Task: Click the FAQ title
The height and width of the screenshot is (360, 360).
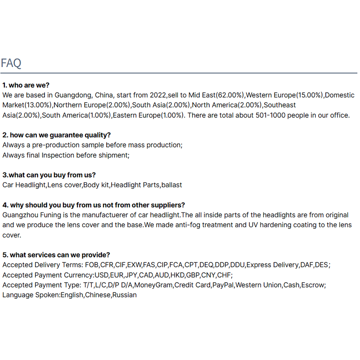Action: click(11, 63)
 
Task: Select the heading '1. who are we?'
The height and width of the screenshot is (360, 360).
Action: click(26, 85)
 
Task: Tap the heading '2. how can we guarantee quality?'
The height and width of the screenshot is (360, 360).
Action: click(56, 135)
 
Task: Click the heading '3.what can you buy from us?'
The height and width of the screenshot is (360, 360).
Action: click(49, 175)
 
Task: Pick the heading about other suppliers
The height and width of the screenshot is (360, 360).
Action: click(94, 205)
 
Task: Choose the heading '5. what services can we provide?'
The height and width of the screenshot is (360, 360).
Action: click(56, 255)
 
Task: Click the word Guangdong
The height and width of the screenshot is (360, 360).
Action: click(73, 95)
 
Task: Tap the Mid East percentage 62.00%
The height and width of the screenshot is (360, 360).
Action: click(230, 95)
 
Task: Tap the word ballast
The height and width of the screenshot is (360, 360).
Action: click(171, 185)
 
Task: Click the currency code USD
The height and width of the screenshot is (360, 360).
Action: click(101, 275)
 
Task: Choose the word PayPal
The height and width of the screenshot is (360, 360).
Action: click(223, 285)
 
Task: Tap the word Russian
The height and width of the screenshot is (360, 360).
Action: click(124, 295)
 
